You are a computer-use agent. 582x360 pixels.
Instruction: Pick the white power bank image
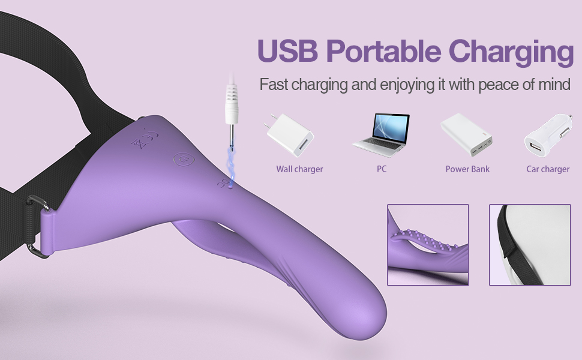pos(467,134)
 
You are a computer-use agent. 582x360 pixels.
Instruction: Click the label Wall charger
pos(299,169)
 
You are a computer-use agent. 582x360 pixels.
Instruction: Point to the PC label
pos(382,169)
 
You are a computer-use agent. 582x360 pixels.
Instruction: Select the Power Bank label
pos(467,169)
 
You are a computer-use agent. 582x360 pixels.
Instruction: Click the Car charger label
pos(548,169)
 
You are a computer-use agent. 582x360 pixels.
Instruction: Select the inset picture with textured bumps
pos(428,245)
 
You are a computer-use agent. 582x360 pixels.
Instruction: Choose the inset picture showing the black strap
pos(529,245)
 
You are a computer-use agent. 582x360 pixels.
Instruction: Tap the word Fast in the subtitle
pos(273,84)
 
